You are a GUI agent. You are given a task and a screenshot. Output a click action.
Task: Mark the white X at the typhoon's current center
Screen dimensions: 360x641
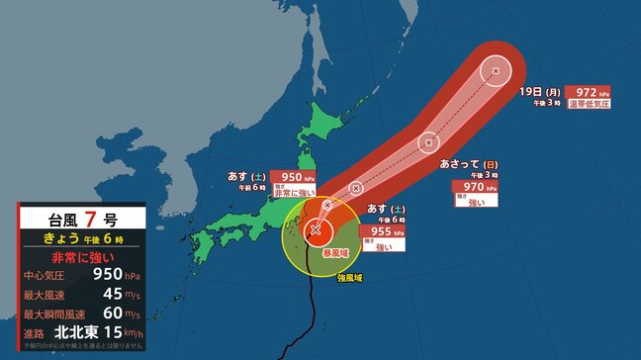click(315, 231)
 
